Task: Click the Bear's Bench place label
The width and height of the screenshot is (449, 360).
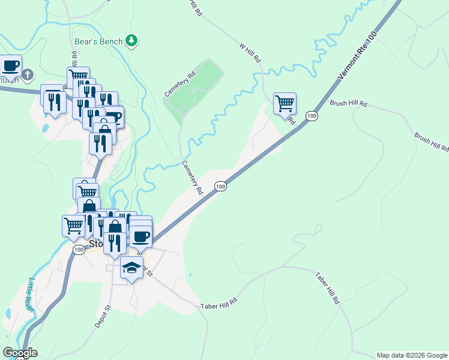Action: click(x=98, y=41)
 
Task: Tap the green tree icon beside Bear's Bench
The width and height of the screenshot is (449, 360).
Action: click(x=132, y=41)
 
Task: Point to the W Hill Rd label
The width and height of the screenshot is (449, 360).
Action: click(x=250, y=53)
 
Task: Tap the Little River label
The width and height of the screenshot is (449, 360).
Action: click(x=32, y=293)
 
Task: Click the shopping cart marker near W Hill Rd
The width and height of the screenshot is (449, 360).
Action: click(x=285, y=103)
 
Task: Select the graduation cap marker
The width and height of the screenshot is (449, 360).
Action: click(x=131, y=268)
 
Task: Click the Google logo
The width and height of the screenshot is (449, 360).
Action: click(x=20, y=352)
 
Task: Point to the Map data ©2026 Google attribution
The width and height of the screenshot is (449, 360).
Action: click(x=412, y=355)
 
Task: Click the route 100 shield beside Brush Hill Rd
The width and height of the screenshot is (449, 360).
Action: click(x=311, y=115)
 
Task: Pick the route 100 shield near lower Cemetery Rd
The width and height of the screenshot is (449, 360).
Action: click(x=220, y=187)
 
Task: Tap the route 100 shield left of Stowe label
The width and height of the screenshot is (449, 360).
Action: click(x=79, y=249)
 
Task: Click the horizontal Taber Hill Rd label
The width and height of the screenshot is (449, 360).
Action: click(x=220, y=302)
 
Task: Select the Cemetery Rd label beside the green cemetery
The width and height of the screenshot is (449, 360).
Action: click(x=181, y=85)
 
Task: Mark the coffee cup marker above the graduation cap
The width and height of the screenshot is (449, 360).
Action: click(x=140, y=236)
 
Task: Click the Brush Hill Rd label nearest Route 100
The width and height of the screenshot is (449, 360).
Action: click(x=348, y=104)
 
